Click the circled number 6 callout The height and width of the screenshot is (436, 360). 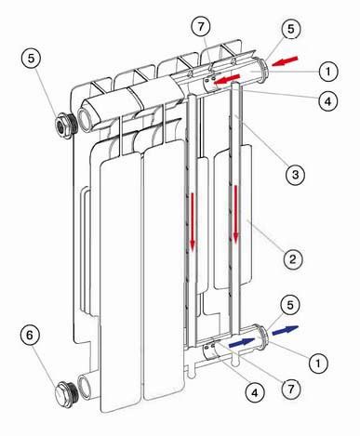[x=30, y=337]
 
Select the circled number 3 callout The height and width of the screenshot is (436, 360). [x=295, y=175]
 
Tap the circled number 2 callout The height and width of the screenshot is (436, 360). [x=293, y=259]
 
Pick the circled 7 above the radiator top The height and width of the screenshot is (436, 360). [x=201, y=27]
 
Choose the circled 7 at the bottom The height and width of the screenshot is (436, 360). [x=290, y=389]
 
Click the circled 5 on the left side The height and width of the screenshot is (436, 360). [x=31, y=59]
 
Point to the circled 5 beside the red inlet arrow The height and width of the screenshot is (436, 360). [x=290, y=30]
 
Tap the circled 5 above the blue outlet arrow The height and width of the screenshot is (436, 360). [x=290, y=306]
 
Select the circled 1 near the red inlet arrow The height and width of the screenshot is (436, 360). [x=328, y=72]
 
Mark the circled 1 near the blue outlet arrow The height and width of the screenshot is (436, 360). [x=318, y=363]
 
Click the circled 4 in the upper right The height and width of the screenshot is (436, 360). [x=327, y=100]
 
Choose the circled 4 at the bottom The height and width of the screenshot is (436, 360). [x=255, y=393]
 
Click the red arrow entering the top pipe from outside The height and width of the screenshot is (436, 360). [x=285, y=61]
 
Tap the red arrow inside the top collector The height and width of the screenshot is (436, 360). [x=227, y=79]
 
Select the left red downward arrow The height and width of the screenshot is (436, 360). [x=193, y=221]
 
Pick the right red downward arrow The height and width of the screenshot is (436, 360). [x=236, y=213]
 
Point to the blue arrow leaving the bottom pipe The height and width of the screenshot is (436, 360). [x=286, y=330]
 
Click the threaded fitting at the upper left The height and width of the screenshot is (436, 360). [x=66, y=126]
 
